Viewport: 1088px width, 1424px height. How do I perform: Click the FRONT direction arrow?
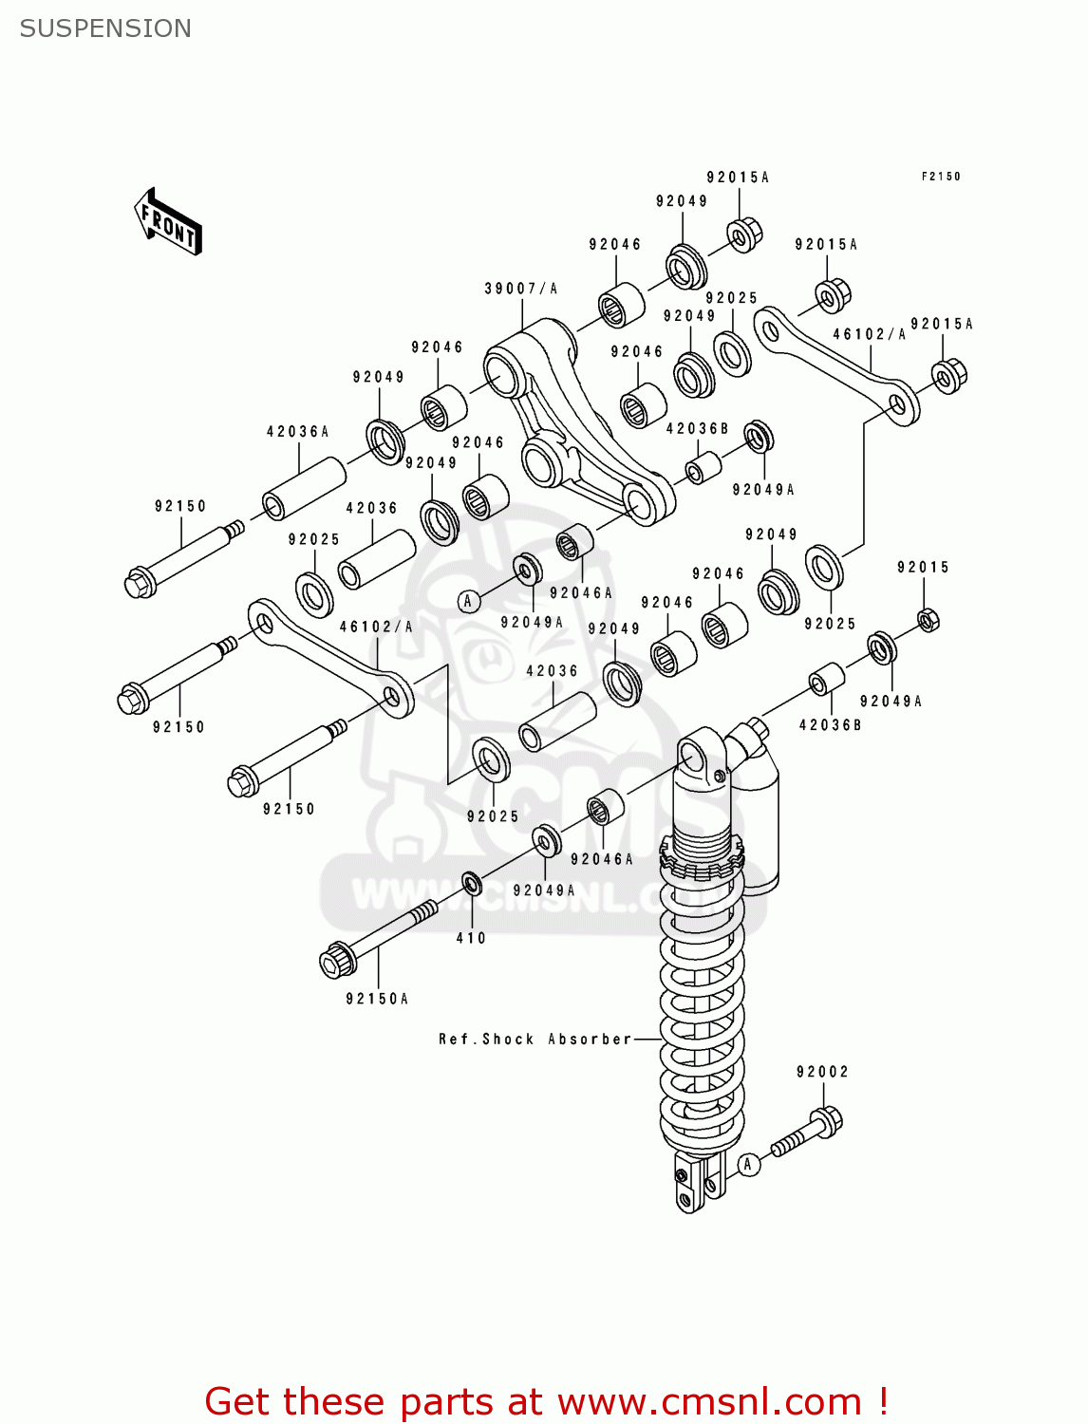(168, 222)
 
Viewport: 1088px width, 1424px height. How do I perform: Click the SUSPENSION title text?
(105, 28)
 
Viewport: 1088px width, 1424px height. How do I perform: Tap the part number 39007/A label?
(520, 289)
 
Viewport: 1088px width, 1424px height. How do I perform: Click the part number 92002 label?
(822, 1072)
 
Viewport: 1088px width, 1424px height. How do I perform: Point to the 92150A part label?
(377, 999)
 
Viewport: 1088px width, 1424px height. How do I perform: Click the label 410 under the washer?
(471, 938)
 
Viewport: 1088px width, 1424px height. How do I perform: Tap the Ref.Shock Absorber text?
(535, 1040)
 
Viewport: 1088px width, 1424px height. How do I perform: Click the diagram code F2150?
(941, 177)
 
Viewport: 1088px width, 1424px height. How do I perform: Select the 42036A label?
(297, 432)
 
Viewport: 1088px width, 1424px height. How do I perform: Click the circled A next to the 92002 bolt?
(749, 1164)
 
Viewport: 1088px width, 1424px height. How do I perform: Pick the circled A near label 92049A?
(467, 601)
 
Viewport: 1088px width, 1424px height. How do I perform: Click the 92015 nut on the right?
(929, 620)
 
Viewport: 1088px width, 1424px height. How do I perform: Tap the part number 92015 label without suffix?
(923, 568)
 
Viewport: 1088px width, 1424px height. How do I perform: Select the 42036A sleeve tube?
(304, 488)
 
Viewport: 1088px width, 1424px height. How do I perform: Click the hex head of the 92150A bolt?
(335, 960)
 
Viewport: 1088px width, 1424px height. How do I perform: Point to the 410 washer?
(472, 885)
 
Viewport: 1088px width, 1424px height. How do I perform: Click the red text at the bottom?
(546, 1401)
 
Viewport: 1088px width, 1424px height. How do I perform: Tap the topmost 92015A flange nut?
(744, 234)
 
